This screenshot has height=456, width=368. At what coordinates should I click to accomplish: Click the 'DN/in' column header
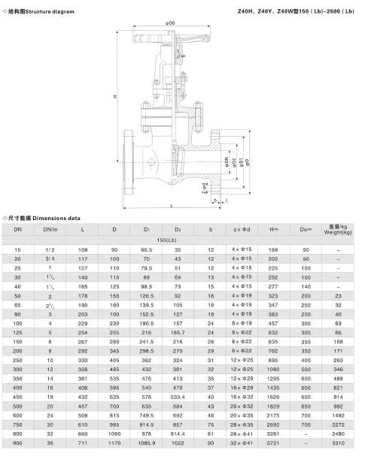click(x=50, y=228)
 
